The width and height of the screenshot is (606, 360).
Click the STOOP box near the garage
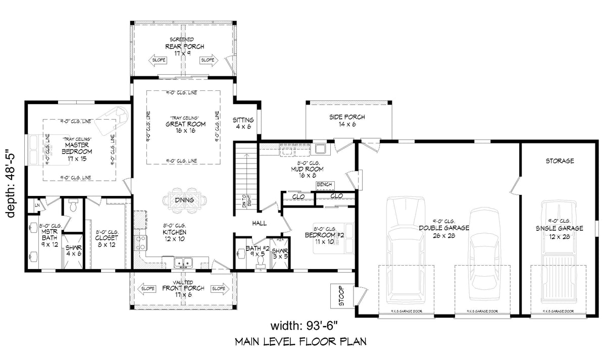(337, 296)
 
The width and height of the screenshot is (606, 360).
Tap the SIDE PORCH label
(347, 120)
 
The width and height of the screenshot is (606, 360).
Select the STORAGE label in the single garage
(559, 161)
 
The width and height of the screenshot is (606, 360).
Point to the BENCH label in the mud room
(324, 185)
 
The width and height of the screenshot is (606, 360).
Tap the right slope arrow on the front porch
(219, 289)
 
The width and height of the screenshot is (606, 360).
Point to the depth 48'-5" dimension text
(12, 182)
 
